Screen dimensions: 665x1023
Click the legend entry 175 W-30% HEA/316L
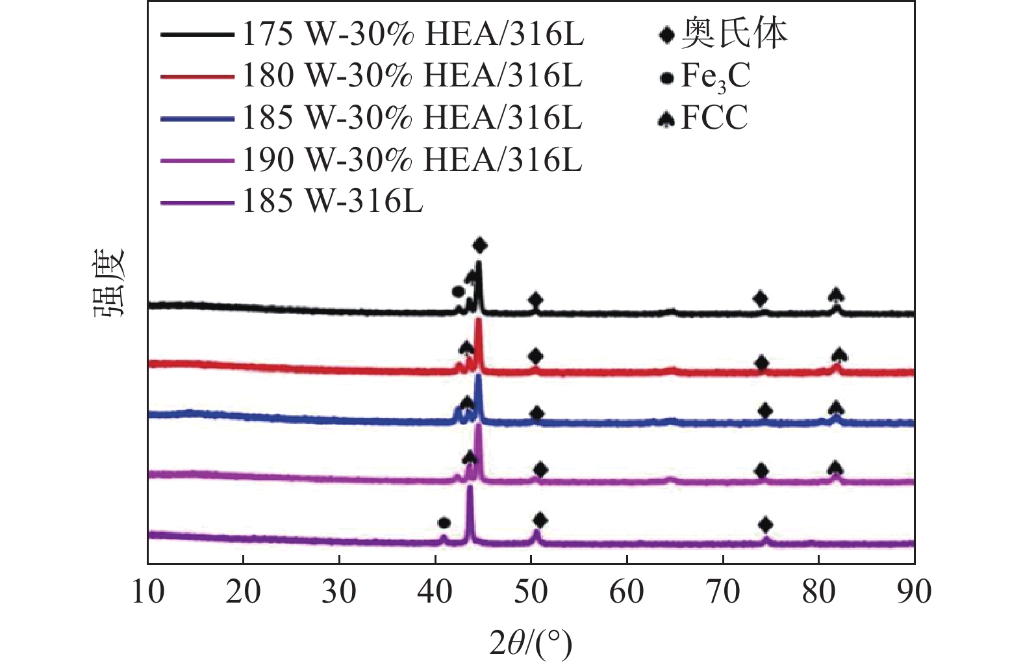click(x=413, y=34)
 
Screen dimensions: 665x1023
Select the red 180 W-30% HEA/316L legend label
click(x=412, y=76)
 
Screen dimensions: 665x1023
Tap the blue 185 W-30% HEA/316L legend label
click(x=412, y=118)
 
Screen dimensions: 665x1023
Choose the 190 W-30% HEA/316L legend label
click(x=412, y=159)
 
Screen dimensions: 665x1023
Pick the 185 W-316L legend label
click(x=333, y=201)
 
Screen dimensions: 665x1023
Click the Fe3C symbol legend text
click(x=715, y=77)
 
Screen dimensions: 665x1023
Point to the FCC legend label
click(x=714, y=118)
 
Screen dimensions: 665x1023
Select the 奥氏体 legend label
click(x=734, y=34)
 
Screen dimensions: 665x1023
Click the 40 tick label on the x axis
click(x=435, y=592)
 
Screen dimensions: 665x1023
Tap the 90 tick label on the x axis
click(x=914, y=592)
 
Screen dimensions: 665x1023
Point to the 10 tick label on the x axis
click(x=148, y=592)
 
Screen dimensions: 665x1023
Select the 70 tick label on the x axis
click(x=722, y=592)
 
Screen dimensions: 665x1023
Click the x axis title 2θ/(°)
click(x=531, y=643)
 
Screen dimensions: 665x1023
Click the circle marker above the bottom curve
click(x=444, y=523)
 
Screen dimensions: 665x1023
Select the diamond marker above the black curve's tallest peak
click(x=480, y=245)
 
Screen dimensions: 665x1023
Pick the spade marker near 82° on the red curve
click(x=839, y=355)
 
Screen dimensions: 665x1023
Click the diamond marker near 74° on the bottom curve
click(x=766, y=524)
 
